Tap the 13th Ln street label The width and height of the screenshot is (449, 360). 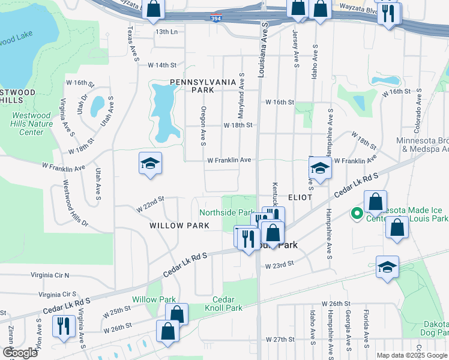(166, 31)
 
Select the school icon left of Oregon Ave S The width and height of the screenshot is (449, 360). (150, 163)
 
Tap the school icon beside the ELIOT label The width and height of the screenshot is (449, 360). (321, 169)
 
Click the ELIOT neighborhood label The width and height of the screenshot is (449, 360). (300, 197)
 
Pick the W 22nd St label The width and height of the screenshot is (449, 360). (150, 204)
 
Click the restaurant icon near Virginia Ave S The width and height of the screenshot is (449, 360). (64, 326)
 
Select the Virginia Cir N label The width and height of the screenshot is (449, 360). (50, 275)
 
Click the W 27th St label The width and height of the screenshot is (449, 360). (278, 340)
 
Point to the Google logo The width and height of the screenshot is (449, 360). (20, 353)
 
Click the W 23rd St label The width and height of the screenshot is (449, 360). (280, 263)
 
